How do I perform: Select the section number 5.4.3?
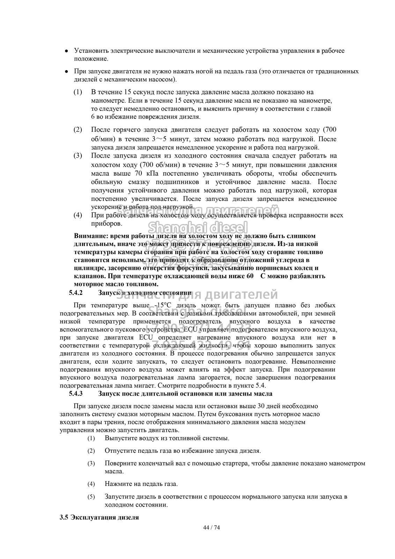point(76,393)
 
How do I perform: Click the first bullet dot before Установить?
point(66,51)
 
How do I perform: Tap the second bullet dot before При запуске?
point(66,72)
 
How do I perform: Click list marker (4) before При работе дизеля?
point(78,215)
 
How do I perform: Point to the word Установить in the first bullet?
point(91,51)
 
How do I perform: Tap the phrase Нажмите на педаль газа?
point(141,484)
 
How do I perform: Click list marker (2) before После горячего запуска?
point(78,130)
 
